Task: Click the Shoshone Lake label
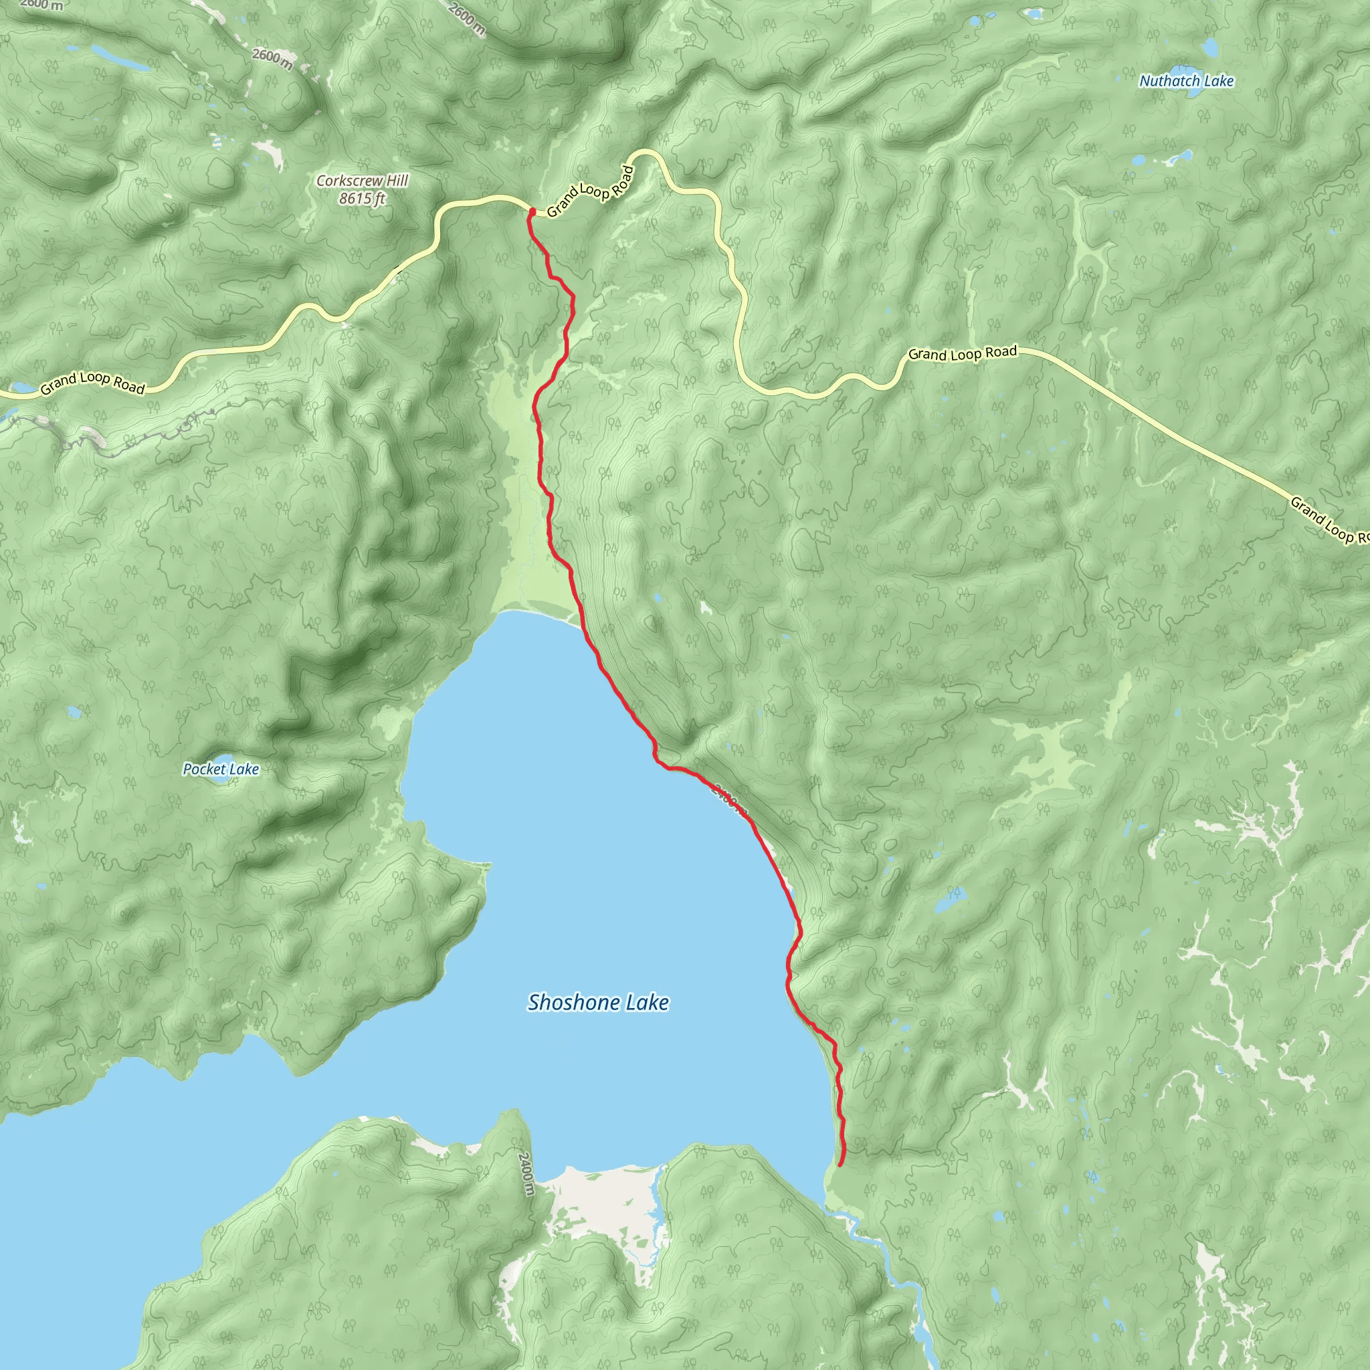[x=598, y=1002]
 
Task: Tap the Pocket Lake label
[x=221, y=769]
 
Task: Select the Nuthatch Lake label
[x=1186, y=81]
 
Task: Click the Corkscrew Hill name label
[x=362, y=181]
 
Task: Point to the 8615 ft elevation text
[x=362, y=199]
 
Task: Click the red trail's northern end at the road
[x=531, y=211]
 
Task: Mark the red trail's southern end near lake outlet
[x=840, y=1165]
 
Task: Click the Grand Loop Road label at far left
[x=92, y=383]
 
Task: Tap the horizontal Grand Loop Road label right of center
[x=962, y=353]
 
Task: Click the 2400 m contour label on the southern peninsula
[x=524, y=1173]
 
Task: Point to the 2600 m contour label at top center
[x=467, y=18]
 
